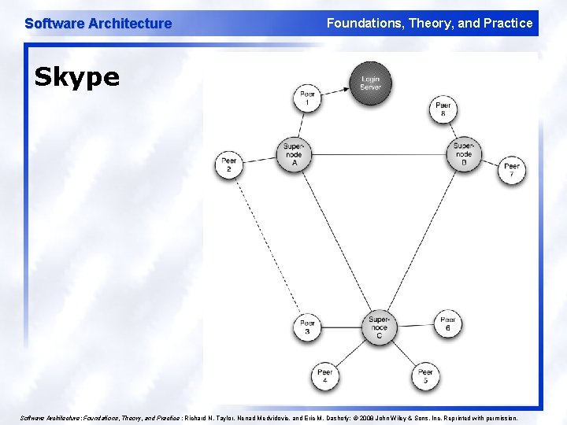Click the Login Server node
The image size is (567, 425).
(370, 83)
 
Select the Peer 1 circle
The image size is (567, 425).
(307, 99)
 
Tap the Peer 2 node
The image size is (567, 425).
(229, 164)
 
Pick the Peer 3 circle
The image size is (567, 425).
(307, 327)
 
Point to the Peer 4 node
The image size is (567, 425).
(324, 375)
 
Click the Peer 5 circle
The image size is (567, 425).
(425, 375)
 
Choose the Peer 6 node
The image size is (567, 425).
(448, 323)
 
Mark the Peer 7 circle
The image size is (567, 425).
(512, 170)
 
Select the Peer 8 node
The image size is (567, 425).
(443, 109)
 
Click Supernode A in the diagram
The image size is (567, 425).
(294, 154)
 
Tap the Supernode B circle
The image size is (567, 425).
(464, 153)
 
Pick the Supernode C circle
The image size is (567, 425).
(378, 327)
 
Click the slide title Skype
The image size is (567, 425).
(76, 76)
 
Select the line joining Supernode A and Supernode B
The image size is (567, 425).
(378, 154)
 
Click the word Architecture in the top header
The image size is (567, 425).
(129, 24)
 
